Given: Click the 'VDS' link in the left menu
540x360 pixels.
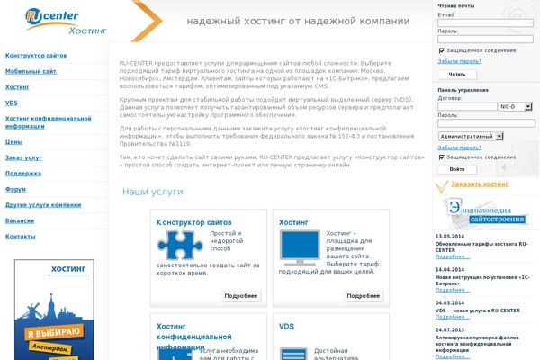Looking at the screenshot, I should coord(12,103).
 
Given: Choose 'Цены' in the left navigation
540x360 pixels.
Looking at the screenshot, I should coord(14,141).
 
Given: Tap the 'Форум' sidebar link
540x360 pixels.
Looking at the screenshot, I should coord(16,189).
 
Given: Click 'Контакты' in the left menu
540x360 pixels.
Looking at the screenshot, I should coord(21,236).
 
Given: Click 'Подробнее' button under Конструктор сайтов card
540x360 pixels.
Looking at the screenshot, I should coord(241,295).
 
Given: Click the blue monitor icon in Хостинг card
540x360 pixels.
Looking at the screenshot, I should coord(300,246).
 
